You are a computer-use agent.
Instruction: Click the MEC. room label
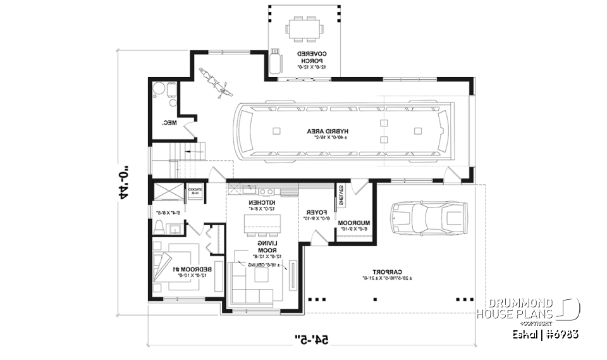point(169,123)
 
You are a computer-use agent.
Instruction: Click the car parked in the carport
point(428,218)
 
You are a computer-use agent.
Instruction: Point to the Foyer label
point(316,215)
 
